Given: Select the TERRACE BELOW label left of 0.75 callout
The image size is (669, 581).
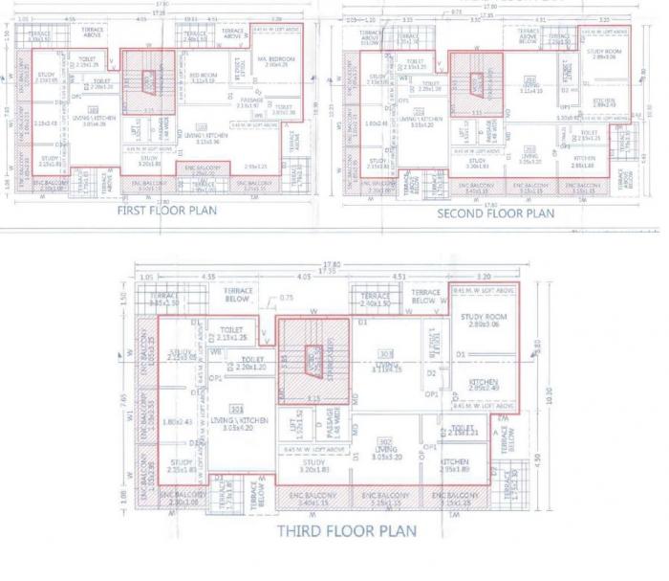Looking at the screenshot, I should [237, 292].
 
